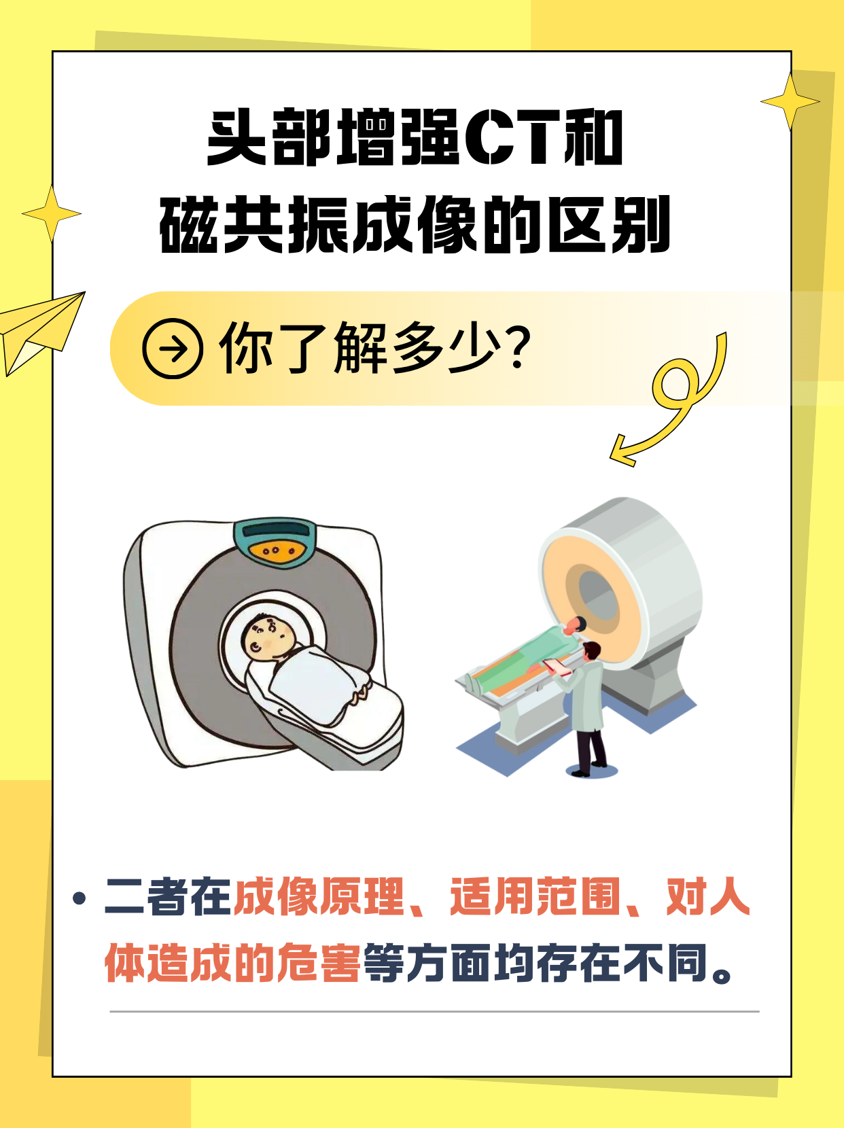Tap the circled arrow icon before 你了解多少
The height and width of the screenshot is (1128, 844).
(173, 349)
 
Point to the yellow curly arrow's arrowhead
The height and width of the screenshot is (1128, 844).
(622, 451)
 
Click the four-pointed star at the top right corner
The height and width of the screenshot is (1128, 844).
(790, 102)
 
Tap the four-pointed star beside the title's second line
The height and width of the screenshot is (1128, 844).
(52, 213)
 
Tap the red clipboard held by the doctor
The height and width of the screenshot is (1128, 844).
(557, 667)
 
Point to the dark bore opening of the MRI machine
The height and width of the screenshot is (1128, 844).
(597, 597)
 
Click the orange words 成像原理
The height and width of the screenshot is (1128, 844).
(319, 897)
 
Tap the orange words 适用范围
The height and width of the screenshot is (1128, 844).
(535, 897)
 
